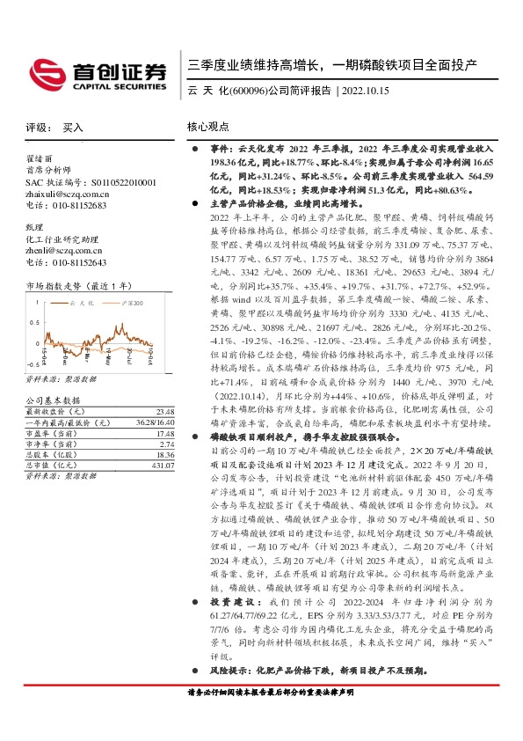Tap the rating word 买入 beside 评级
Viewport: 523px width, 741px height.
coord(73,128)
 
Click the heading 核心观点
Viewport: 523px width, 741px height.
coord(207,127)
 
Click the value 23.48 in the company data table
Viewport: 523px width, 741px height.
coord(164,411)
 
